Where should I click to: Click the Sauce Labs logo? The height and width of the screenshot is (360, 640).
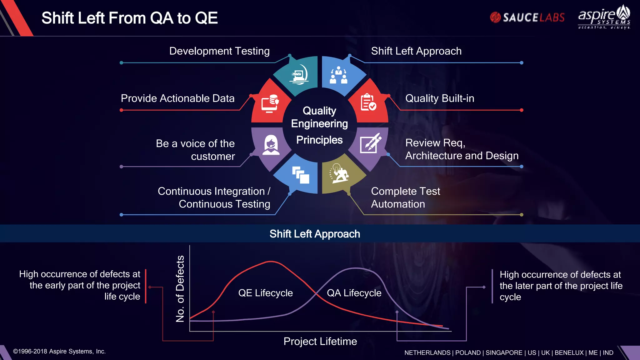coord(527,17)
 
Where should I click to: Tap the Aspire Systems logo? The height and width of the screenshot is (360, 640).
coord(604,17)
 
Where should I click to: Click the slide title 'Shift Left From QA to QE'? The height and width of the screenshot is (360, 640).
coord(129,18)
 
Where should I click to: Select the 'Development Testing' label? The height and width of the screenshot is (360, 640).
coord(219,51)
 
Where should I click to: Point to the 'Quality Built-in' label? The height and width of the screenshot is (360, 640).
coord(440,98)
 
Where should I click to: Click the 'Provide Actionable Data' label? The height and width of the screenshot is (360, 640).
coord(177,98)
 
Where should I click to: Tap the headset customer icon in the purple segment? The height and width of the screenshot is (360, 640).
coord(271,145)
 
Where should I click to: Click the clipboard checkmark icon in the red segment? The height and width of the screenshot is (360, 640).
coord(368,102)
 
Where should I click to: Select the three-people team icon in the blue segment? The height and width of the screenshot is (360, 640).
coord(338,75)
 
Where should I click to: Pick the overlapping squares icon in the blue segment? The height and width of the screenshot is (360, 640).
coord(300,175)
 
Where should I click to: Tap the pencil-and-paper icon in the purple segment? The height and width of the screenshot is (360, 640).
coord(370,143)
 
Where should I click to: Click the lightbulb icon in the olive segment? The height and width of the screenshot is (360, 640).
coord(338,174)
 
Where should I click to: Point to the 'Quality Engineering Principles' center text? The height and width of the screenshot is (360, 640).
coord(319,125)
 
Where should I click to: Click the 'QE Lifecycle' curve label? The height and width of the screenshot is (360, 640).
coord(265,293)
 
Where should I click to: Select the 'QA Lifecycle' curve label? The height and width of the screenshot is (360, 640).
coord(354,293)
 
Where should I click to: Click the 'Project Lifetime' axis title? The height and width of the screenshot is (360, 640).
coord(320,341)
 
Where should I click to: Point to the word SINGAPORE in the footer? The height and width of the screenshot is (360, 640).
coord(504,352)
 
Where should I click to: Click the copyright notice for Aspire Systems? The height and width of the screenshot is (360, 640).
coord(59,351)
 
